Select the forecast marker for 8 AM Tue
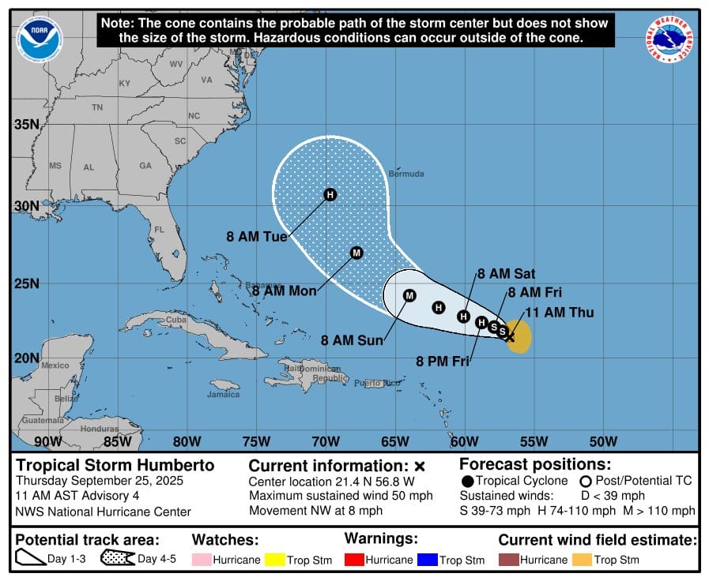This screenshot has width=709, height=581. click(330, 194)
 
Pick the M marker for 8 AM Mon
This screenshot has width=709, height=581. click(356, 253)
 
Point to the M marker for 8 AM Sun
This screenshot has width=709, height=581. click(409, 296)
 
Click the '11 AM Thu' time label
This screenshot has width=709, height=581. click(559, 313)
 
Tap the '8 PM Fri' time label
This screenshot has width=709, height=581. click(443, 362)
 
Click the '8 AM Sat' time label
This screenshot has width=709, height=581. click(506, 274)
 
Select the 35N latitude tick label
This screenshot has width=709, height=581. click(27, 125)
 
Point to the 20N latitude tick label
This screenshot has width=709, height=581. click(27, 358)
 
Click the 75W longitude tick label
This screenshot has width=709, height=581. click(256, 441)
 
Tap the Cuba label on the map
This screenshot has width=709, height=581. click(176, 320)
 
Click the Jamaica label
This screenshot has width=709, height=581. click(223, 394)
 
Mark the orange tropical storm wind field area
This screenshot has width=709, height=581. click(519, 336)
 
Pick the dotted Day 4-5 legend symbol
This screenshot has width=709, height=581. click(118, 559)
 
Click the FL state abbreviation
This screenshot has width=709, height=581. click(159, 231)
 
